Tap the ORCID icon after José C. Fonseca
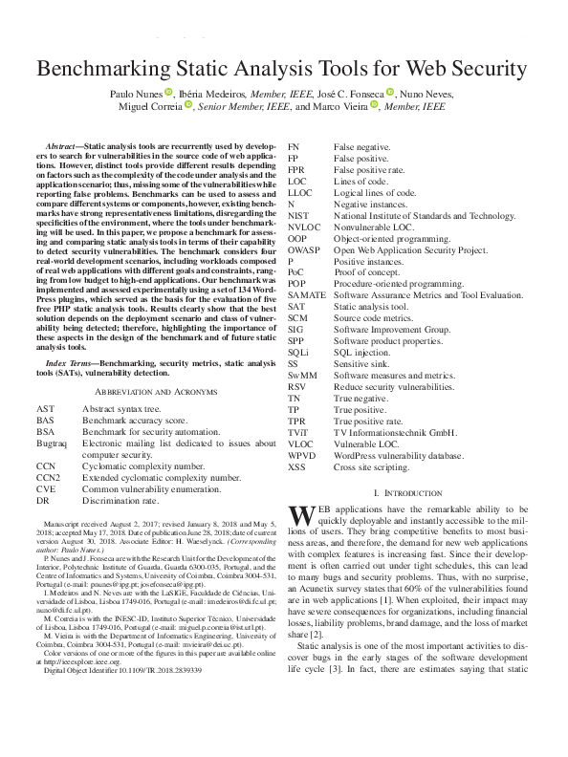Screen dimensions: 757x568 pos(390,93)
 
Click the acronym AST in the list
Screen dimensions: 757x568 pos(44,407)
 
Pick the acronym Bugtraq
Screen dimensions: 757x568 pos(52,444)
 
